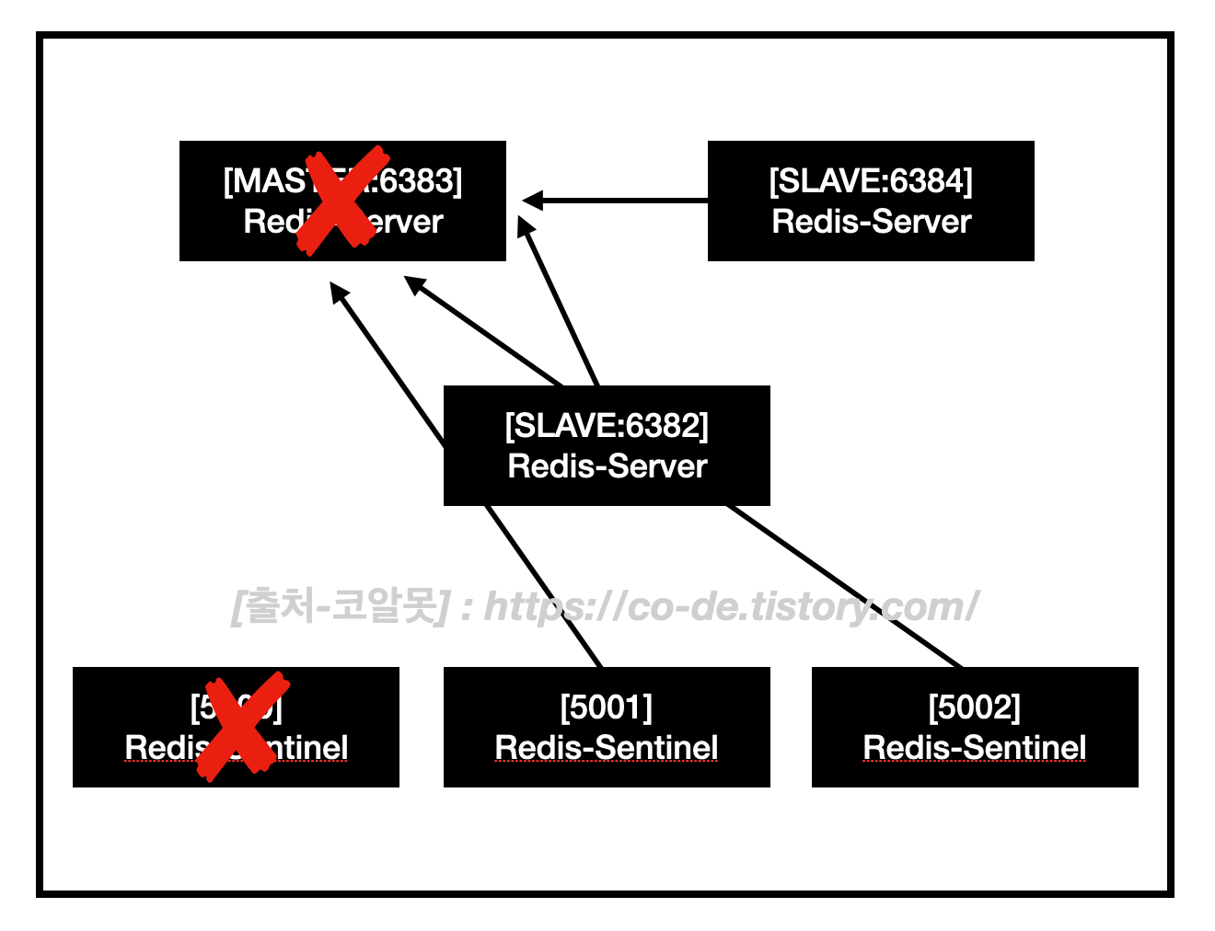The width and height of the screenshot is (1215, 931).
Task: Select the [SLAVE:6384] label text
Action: [x=871, y=181]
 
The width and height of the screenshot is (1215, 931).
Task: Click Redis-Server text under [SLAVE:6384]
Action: [x=871, y=222]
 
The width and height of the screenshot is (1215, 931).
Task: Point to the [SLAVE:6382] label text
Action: [x=607, y=426]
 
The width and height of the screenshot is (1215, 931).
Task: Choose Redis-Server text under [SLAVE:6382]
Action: [x=607, y=466]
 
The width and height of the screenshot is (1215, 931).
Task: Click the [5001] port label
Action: [x=607, y=707]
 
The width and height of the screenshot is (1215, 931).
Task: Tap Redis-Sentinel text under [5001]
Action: [x=607, y=748]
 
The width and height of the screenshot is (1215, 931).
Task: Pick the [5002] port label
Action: [x=975, y=707]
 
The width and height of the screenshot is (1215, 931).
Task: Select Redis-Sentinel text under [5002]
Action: [x=975, y=748]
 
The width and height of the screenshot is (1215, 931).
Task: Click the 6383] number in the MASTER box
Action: [x=422, y=181]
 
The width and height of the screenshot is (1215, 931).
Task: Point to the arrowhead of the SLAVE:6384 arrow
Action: [x=532, y=200]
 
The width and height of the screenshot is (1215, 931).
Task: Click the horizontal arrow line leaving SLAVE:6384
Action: [x=626, y=200]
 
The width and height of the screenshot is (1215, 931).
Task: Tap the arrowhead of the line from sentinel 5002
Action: [x=415, y=285]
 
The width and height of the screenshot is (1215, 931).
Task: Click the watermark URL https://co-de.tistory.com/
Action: [x=732, y=607]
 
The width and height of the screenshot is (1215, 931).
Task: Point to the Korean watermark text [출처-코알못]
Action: [x=341, y=607]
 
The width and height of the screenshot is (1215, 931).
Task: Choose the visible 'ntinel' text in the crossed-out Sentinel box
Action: [x=307, y=748]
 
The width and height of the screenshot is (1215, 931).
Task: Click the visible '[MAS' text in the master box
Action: [x=263, y=181]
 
